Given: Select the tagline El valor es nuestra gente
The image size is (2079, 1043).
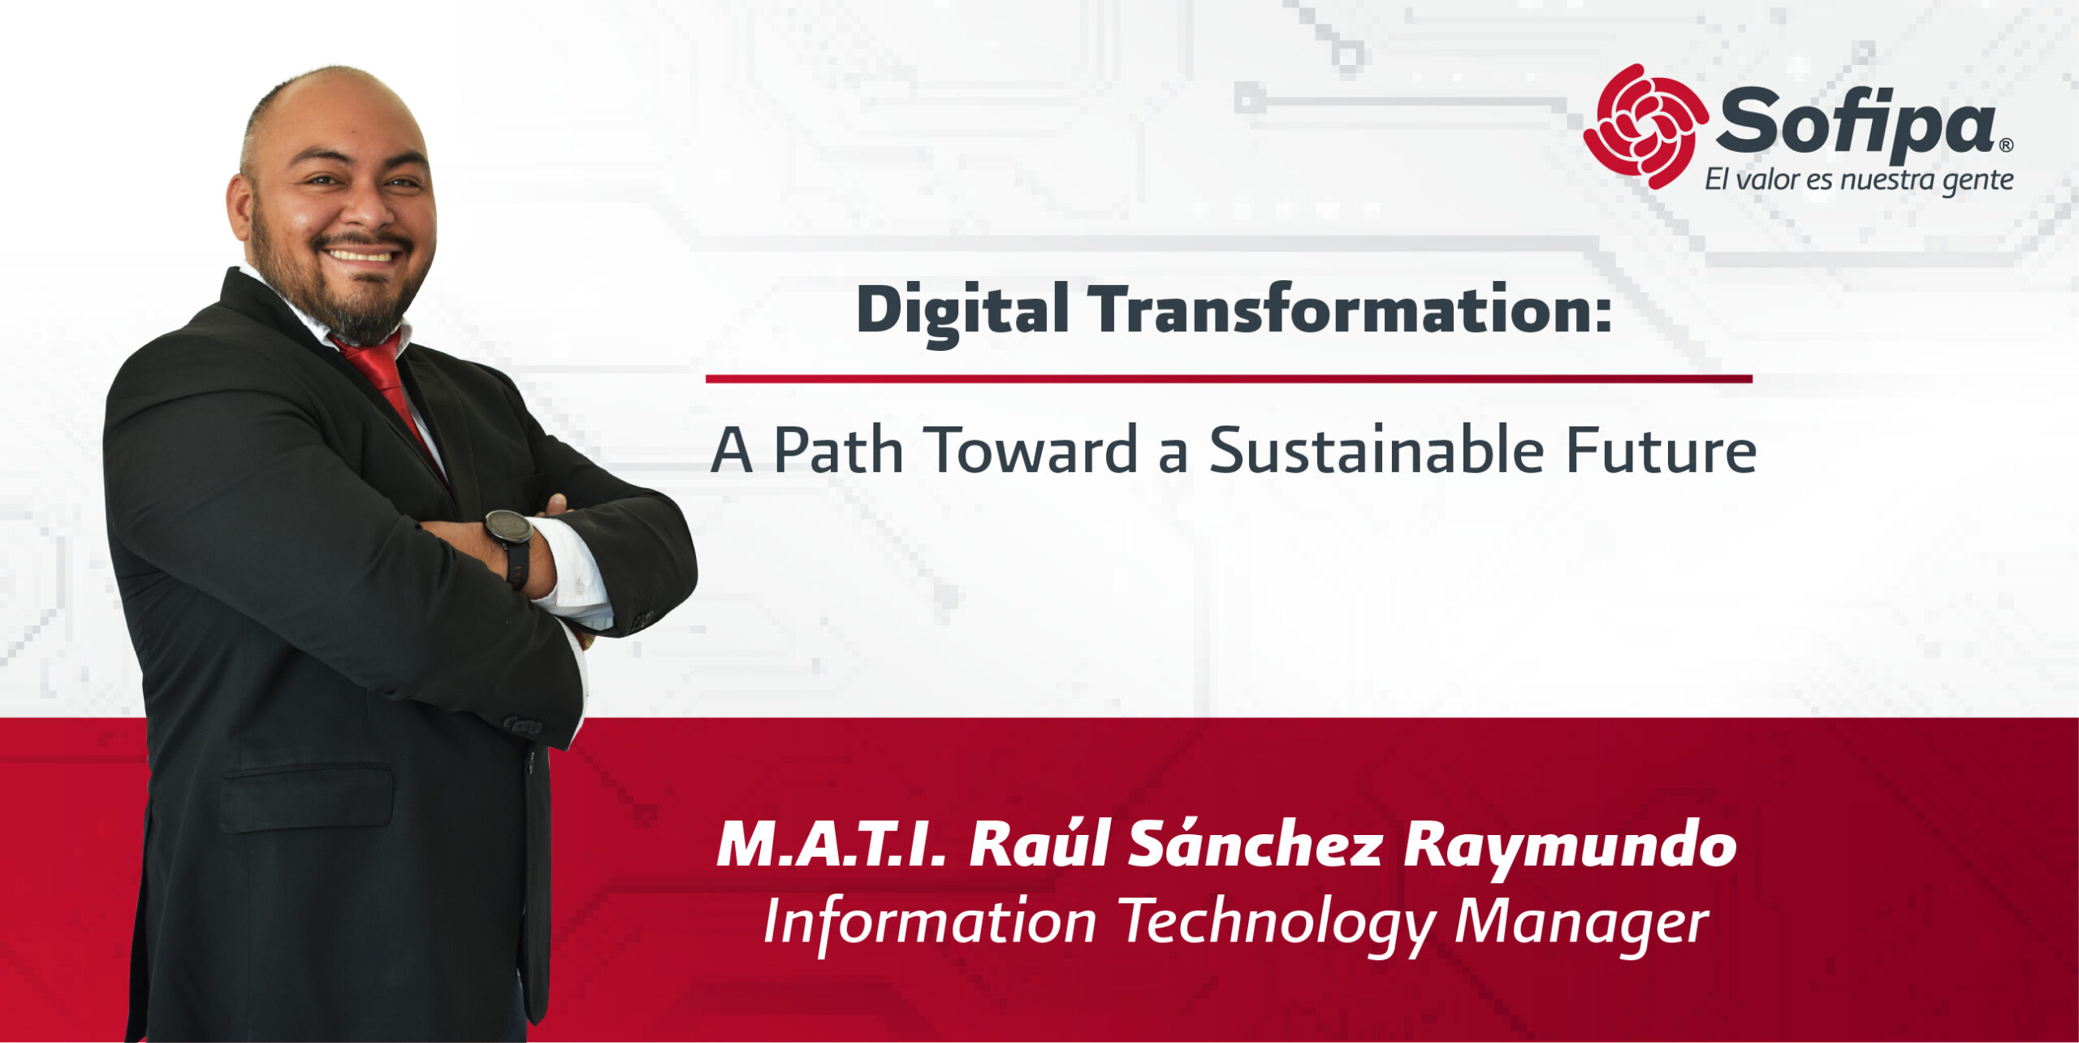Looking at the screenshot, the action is tap(1859, 180).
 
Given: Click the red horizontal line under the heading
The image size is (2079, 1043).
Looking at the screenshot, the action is tap(1229, 379).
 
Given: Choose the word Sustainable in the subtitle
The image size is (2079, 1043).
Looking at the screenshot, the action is tap(1377, 449).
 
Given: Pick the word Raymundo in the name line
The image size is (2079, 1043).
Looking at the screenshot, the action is tap(1570, 849).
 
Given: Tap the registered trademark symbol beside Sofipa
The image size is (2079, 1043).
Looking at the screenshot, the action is tap(2006, 145).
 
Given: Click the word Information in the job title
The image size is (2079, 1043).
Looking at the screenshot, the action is tap(930, 922).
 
